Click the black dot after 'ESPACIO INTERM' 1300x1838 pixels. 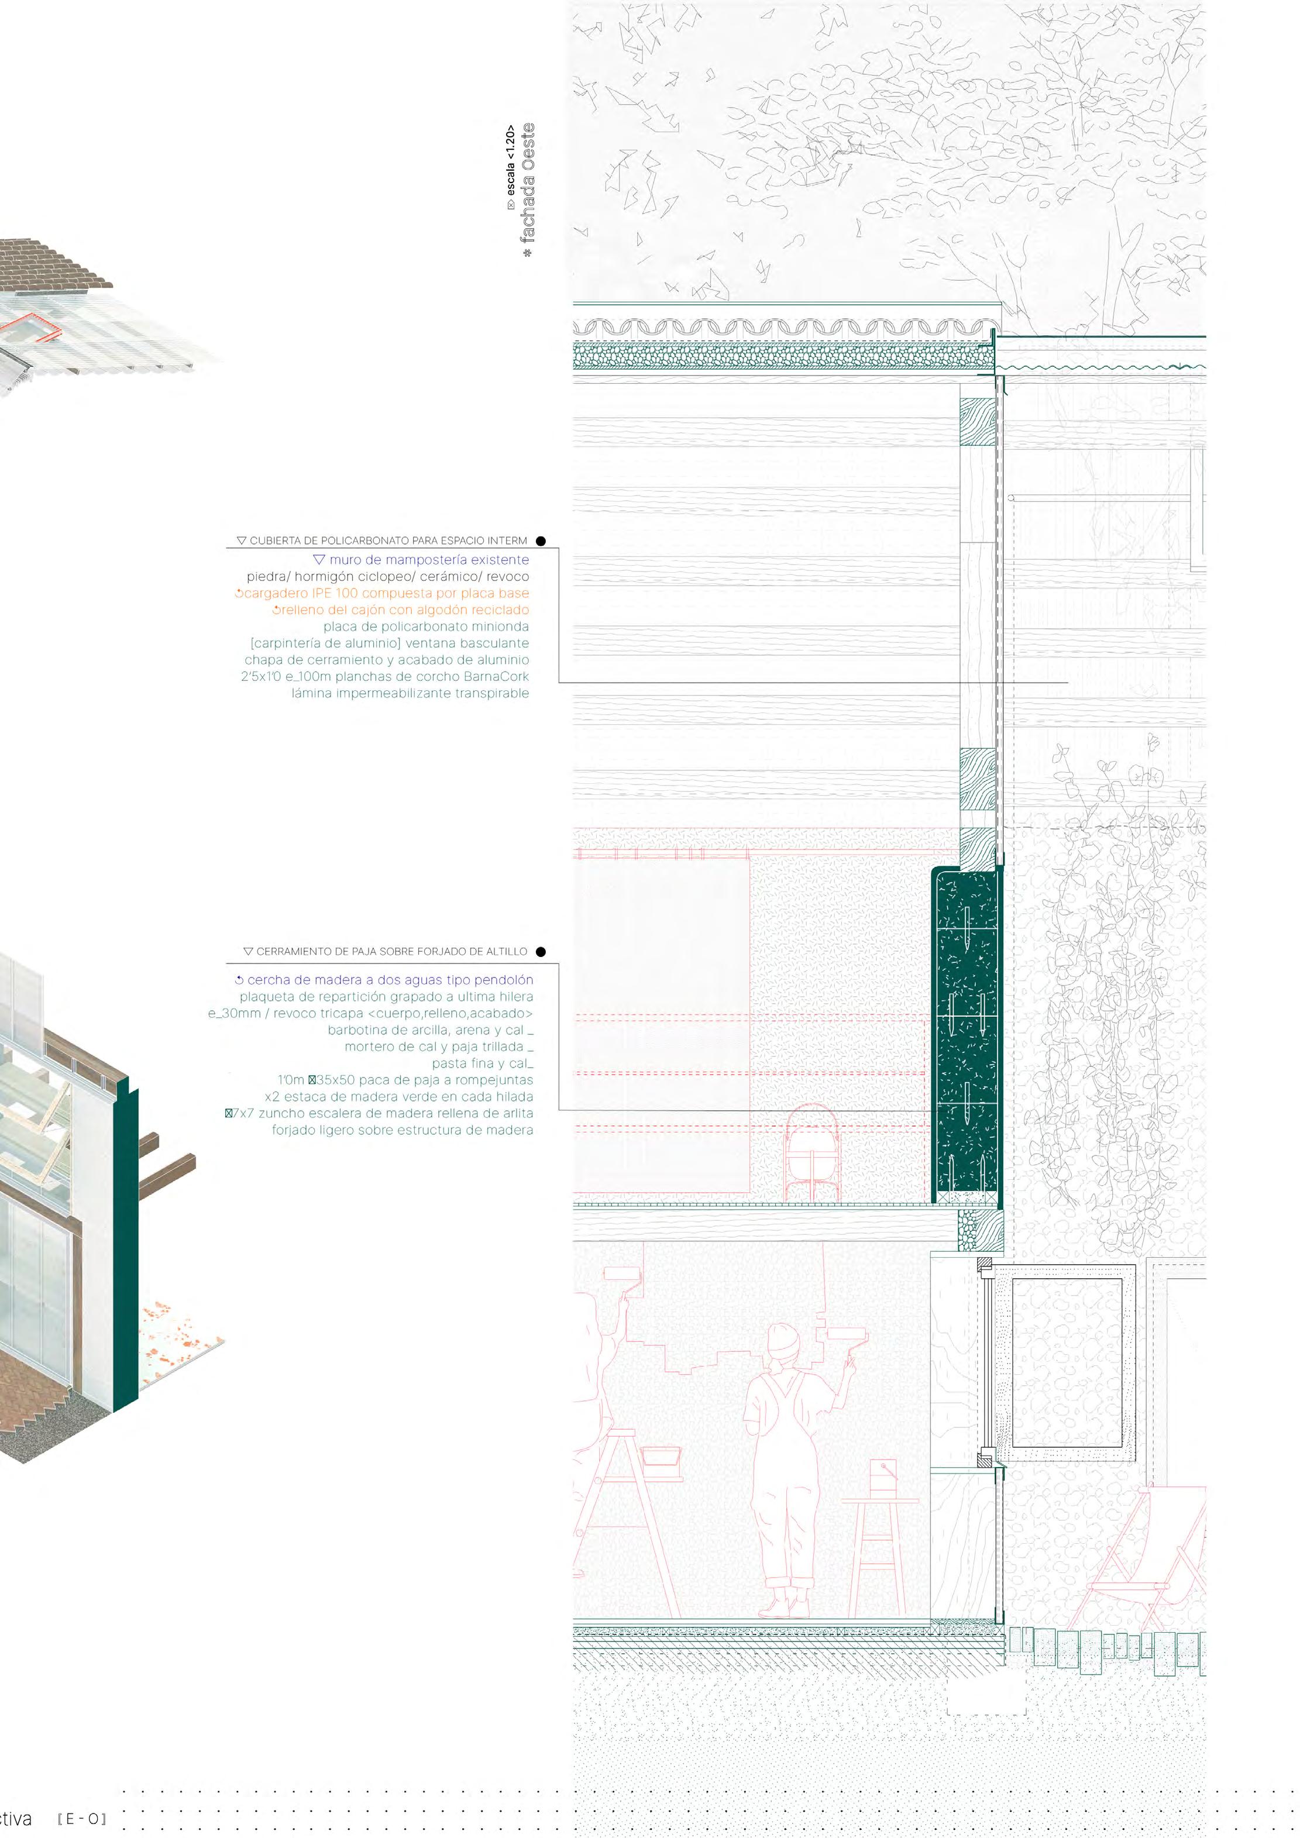pyautogui.click(x=541, y=541)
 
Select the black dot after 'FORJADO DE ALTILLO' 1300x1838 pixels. pyautogui.click(x=541, y=952)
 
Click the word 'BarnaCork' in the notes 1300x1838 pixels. pyautogui.click(x=496, y=676)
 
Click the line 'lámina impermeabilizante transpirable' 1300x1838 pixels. pyautogui.click(x=410, y=693)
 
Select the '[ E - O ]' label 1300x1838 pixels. pyautogui.click(x=82, y=1819)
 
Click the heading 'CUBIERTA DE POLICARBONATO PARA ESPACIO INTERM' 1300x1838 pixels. pyautogui.click(x=388, y=541)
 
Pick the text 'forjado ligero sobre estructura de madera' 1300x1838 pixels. pyautogui.click(x=402, y=1130)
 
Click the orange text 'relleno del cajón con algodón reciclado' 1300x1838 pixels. pyautogui.click(x=400, y=610)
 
